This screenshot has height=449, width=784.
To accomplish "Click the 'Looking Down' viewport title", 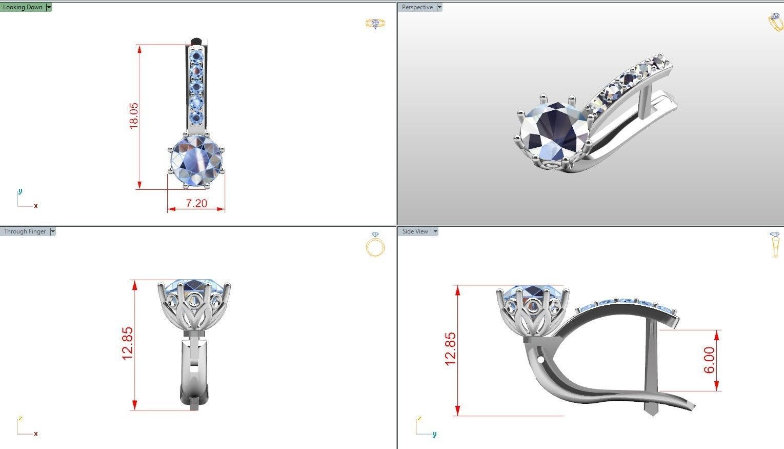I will coord(23,7).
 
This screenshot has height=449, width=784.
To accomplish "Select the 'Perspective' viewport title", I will coord(417,7).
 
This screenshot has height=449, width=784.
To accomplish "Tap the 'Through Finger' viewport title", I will coord(25,231).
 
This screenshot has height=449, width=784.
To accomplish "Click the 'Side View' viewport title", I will coord(415,231).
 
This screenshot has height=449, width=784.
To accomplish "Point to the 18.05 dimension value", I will coord(133,115).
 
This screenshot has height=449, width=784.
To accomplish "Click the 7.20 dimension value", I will coord(196,203).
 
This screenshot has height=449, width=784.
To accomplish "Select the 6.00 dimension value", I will coord(709,360).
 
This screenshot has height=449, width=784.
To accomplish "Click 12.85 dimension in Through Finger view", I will coord(127,344).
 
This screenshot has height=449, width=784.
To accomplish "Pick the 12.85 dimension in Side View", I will coord(450,349).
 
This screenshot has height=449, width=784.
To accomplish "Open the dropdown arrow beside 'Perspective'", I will coord(439,7).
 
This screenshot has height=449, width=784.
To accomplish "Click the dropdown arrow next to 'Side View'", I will coord(435,231).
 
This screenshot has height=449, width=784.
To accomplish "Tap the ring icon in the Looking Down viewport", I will coord(375,24).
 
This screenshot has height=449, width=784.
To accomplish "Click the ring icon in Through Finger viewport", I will coord(375,245).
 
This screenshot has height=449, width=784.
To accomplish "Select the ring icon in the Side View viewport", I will coord(774,245).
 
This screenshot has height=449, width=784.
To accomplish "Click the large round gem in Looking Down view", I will coord(197,160).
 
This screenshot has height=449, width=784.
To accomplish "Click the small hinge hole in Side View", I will coord(540,359).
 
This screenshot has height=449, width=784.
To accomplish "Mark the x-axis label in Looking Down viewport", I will coord(36,206).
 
